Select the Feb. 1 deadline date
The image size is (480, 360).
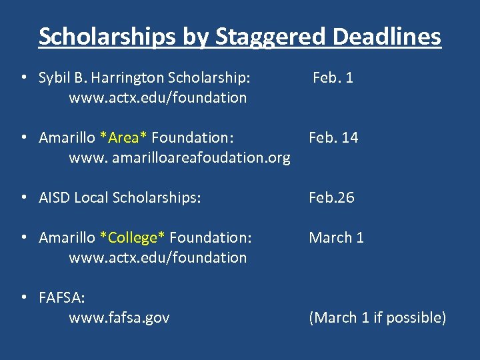333,77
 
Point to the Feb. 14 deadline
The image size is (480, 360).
333,137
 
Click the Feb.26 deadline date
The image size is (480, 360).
331,197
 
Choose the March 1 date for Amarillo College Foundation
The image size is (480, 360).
336,237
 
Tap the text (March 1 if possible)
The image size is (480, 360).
377,317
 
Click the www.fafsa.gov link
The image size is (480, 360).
119,317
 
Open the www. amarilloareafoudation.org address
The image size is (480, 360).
179,157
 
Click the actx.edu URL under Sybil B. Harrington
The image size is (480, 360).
157,97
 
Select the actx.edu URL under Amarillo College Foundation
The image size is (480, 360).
157,257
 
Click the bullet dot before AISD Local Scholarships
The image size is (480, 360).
23,197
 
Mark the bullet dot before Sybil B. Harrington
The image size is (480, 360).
23,77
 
